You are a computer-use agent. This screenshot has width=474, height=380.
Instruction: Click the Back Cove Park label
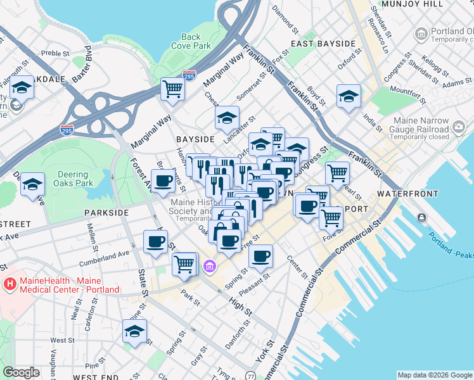[191, 41]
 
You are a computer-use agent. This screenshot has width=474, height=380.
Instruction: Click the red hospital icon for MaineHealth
[10, 284]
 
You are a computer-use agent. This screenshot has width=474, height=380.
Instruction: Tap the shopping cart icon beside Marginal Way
[172, 89]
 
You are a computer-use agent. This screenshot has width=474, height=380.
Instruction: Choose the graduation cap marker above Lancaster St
[227, 117]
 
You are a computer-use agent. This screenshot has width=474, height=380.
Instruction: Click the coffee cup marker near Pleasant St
[260, 256]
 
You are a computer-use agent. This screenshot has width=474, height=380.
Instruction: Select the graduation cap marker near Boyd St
[348, 96]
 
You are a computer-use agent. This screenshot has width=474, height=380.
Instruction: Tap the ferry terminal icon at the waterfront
[421, 218]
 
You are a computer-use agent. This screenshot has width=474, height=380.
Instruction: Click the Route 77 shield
[251, 375]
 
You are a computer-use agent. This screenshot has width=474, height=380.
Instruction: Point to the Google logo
[21, 372]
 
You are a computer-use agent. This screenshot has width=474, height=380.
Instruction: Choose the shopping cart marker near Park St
[184, 263]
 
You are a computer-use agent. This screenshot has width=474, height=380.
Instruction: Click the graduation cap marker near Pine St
[134, 332]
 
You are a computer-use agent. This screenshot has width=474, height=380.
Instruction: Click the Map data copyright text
[434, 375]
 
